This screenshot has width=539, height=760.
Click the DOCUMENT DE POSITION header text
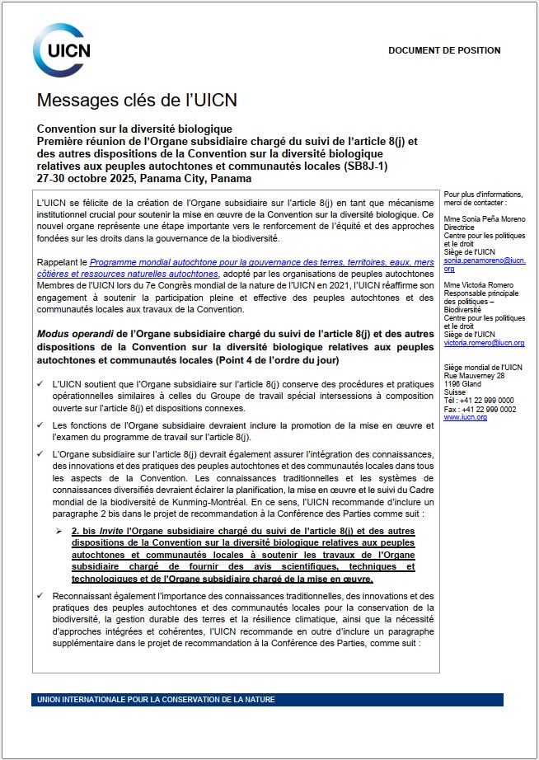[444, 51]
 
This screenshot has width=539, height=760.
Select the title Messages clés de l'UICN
[137, 101]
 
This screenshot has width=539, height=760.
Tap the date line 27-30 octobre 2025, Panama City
[144, 178]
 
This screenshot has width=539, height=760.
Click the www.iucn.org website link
[465, 418]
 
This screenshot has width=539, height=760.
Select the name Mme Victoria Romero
[479, 285]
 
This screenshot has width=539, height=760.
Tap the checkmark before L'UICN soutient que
[42, 384]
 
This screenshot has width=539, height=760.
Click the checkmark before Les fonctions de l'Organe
[42, 425]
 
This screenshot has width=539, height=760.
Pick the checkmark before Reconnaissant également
[42, 595]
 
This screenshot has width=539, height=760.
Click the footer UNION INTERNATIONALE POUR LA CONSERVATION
[157, 700]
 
